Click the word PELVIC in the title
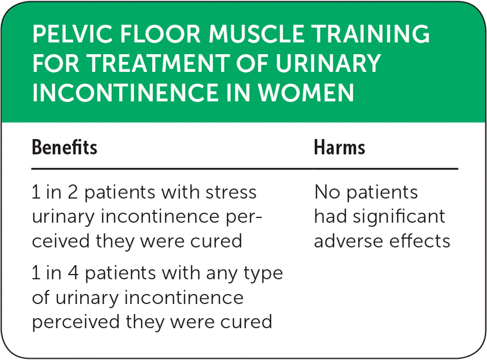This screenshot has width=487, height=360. coord(72,34)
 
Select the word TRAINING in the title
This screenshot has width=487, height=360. coord(371,34)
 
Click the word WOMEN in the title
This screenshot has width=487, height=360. coord(306,93)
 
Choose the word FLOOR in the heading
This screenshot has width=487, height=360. coord(160,34)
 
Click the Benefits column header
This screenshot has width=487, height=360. coord(65,147)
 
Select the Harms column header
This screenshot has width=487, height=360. coord(339,147)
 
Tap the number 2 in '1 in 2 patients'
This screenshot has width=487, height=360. coord(72,192)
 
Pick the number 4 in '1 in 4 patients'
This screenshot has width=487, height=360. coord(72,273)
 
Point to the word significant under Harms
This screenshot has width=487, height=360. coord(399,217)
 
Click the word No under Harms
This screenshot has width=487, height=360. coord(327,192)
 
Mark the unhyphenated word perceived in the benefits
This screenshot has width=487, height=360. coord(76,322)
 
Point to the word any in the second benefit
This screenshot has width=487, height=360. coord(222,275)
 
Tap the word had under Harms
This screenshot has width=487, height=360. coord(330,216)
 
